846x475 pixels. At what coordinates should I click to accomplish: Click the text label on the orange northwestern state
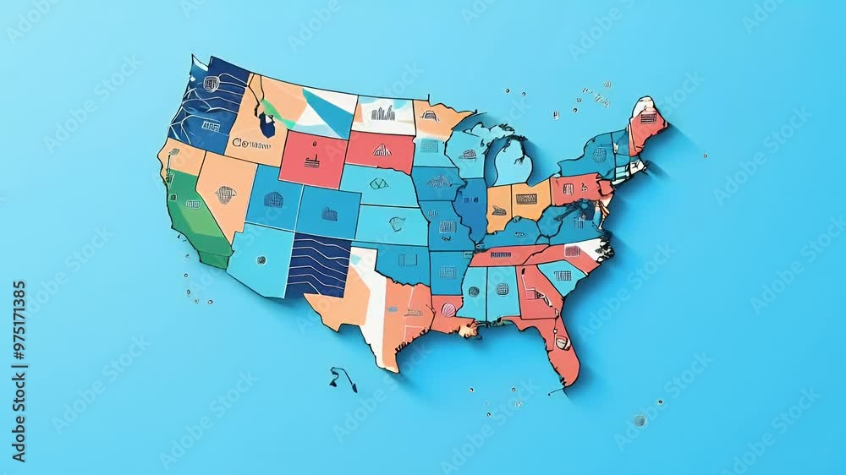click(251, 144)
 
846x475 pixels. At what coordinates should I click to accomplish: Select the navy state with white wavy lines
click(318, 265)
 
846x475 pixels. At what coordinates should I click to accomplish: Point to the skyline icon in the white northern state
click(382, 112)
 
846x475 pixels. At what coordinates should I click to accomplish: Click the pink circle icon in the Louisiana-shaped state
click(448, 309)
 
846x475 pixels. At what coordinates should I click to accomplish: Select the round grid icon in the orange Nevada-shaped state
click(225, 194)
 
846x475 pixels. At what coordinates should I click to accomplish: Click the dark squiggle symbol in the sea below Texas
click(343, 377)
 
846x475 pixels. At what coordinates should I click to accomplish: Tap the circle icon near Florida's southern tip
click(561, 342)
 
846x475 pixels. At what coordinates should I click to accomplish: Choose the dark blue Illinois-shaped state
click(473, 207)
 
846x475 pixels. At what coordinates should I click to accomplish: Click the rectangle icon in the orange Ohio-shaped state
click(526, 199)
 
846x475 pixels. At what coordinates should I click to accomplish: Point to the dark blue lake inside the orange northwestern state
click(267, 125)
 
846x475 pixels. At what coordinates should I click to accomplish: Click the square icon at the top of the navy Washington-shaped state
click(211, 83)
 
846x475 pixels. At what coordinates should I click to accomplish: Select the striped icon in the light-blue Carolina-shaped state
click(563, 275)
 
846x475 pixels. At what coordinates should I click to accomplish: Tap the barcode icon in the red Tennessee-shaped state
click(501, 254)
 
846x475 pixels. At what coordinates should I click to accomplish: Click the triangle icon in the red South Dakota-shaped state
click(382, 150)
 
